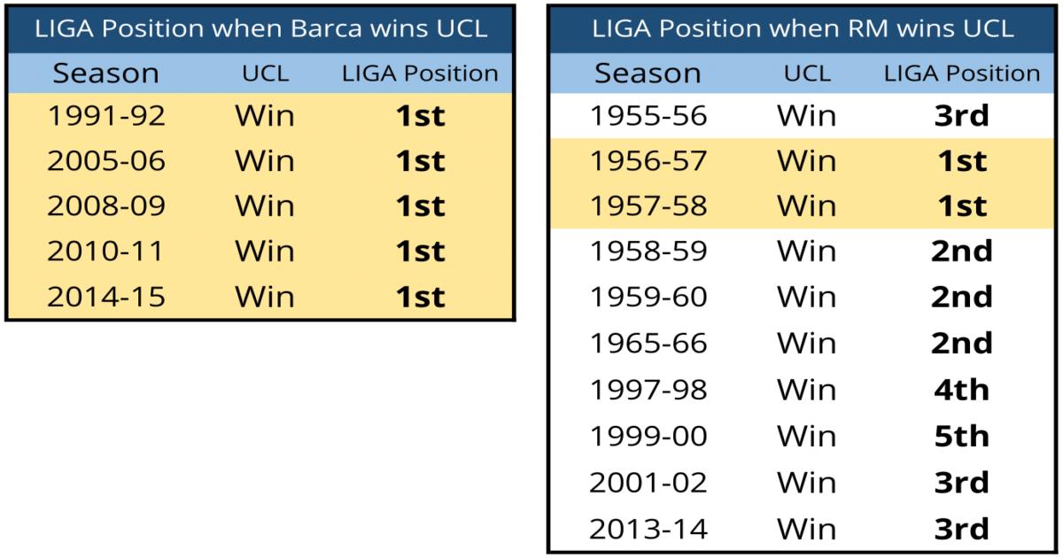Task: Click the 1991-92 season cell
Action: [x=106, y=116]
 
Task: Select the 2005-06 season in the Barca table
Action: [x=106, y=161]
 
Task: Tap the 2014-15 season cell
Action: [x=106, y=297]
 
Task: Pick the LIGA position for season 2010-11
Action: [x=421, y=251]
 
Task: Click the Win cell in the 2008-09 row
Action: [x=265, y=205]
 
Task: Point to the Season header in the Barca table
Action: [x=105, y=74]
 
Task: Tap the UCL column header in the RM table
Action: [x=807, y=74]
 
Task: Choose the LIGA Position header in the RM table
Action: [x=962, y=74]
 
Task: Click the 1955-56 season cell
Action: [x=648, y=116]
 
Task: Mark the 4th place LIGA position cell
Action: [x=962, y=390]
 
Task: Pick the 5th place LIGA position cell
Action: [x=962, y=436]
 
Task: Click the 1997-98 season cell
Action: [x=648, y=390]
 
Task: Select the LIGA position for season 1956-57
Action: [x=962, y=161]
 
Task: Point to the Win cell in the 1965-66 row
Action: [x=807, y=344]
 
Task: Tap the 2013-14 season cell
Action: [x=648, y=529]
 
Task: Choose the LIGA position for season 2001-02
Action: [x=962, y=483]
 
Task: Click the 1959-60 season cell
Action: [x=648, y=297]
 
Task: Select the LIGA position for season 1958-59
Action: [x=962, y=251]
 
